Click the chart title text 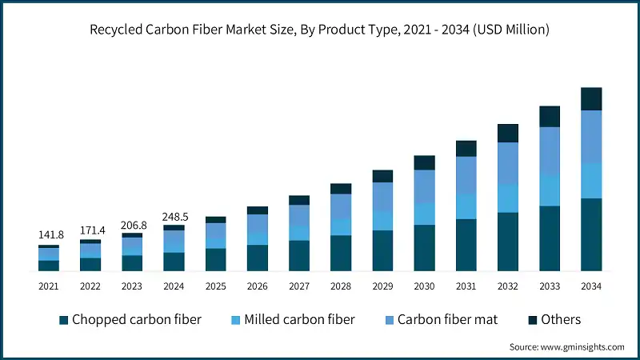tap(320, 30)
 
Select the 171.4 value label tap(90, 230)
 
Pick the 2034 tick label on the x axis tap(591, 286)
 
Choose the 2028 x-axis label tap(341, 286)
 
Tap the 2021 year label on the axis tap(49, 286)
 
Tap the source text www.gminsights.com tap(566, 346)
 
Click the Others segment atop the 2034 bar tap(591, 98)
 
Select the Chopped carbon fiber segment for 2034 tap(591, 234)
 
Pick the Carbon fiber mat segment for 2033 tap(550, 150)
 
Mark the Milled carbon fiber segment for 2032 tap(508, 198)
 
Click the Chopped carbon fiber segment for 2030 tap(424, 248)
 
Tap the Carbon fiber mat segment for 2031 tap(466, 175)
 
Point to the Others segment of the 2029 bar tap(382, 176)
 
